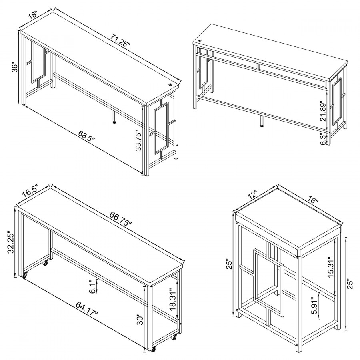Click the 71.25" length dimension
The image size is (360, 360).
pyautogui.click(x=120, y=40)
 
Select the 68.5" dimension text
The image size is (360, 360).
pyautogui.click(x=86, y=136)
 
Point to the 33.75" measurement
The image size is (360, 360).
pyautogui.click(x=139, y=140)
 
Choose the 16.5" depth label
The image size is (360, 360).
pyautogui.click(x=30, y=191)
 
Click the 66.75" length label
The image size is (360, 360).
pyautogui.click(x=121, y=219)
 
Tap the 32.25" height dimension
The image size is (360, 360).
pyautogui.click(x=11, y=242)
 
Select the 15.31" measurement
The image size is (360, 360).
pyautogui.click(x=331, y=267)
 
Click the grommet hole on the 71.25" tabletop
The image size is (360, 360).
pyautogui.click(x=171, y=85)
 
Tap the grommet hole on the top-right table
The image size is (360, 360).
pyautogui.click(x=200, y=41)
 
